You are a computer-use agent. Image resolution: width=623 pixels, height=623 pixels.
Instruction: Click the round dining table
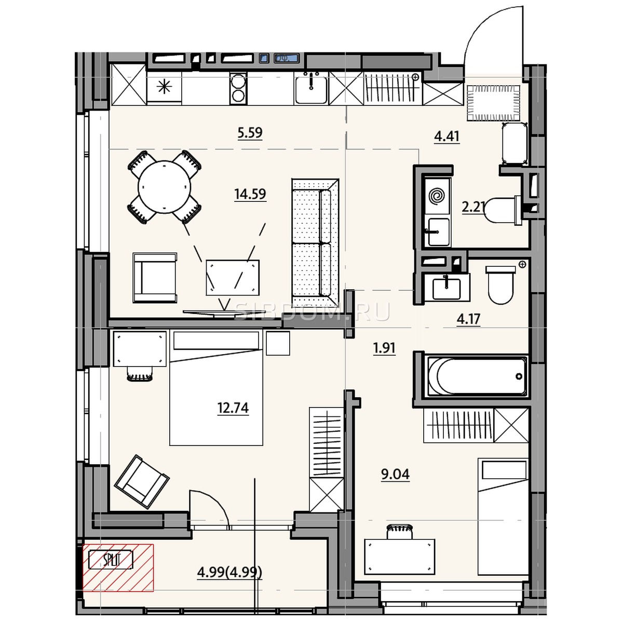coord(164,187)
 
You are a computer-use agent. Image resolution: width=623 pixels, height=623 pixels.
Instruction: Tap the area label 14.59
coord(250,194)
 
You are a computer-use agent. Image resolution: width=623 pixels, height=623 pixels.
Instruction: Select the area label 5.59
coord(250,133)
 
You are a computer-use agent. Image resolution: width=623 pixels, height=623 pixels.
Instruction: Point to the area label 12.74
coord(233,408)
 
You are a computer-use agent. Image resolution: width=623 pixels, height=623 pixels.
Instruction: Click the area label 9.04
coord(395,475)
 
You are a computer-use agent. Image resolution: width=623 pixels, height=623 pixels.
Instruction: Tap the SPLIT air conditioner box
coord(110,560)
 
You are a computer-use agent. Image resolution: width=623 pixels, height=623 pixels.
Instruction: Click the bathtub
coord(477,376)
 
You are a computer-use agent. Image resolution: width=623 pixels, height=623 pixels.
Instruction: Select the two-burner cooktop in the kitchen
coord(239,88)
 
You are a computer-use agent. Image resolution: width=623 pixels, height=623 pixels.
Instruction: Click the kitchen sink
coord(311,88)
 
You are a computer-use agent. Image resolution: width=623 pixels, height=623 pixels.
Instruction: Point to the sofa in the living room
coord(315,242)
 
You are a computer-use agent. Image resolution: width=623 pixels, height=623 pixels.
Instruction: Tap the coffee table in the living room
coord(233,277)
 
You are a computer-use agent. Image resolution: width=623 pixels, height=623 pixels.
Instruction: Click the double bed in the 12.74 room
coord(216,388)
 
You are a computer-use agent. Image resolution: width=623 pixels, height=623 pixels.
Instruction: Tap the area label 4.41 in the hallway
coord(446,137)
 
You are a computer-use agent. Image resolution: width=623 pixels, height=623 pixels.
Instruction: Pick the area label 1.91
coord(384,348)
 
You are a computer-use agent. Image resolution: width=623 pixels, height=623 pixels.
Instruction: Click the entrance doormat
coord(494,103)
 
